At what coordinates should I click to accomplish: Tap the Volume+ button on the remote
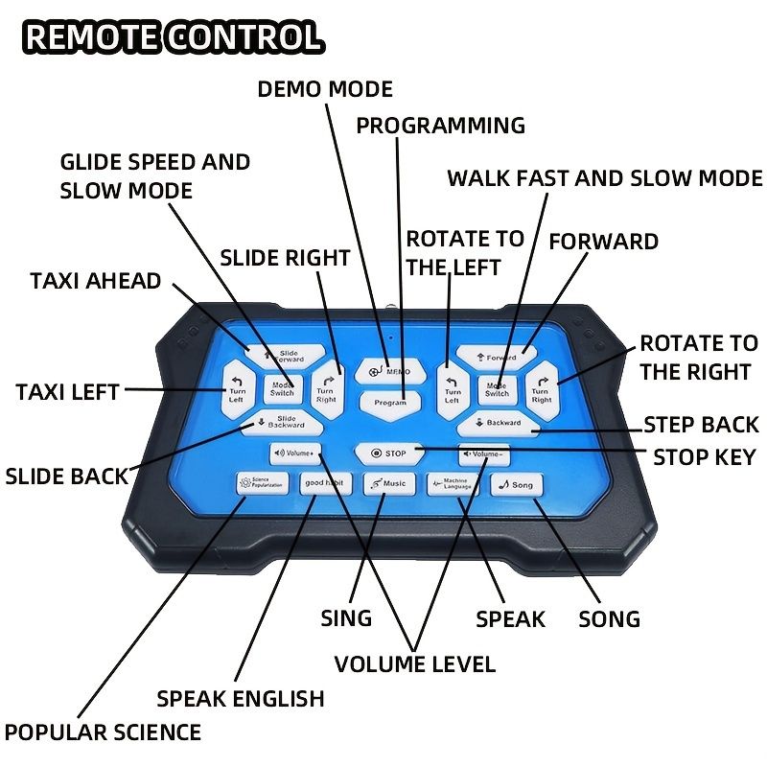(x=295, y=453)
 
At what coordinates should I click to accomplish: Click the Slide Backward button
(x=280, y=421)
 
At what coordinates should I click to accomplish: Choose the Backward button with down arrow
(x=497, y=422)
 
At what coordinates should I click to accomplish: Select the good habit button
(x=326, y=483)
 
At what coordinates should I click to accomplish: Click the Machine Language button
(x=455, y=484)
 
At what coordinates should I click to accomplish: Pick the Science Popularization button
(x=263, y=483)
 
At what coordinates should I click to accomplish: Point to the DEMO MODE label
(x=325, y=89)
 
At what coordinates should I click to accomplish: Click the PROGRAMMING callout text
(x=441, y=126)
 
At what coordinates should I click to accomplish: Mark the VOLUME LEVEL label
(x=414, y=663)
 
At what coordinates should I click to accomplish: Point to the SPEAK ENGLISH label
(x=241, y=698)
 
